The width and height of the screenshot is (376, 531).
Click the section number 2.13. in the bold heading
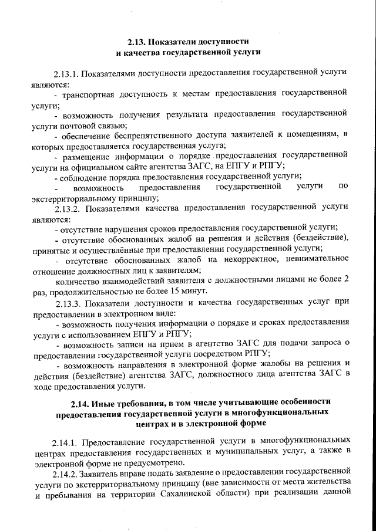pos(136,42)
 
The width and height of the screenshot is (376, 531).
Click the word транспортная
pos(90,93)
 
